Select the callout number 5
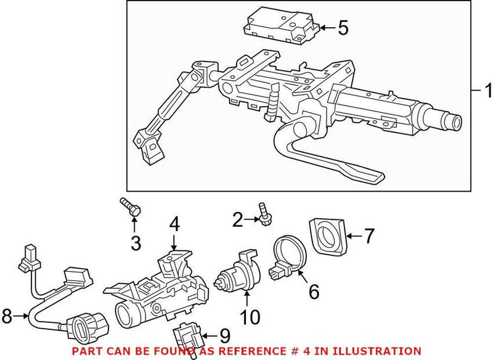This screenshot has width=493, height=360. coord(342,27)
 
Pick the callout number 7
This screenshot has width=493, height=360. coord(369,234)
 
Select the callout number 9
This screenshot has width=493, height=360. coord(224,337)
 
